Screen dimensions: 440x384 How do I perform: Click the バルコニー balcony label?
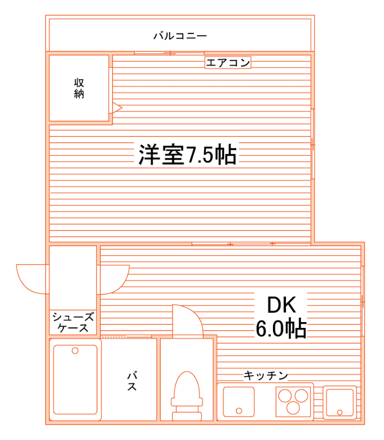180,36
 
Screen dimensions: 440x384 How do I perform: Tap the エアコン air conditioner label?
228,63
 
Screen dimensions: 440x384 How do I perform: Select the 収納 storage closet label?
79,89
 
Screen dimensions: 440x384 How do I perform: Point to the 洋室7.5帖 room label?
187,154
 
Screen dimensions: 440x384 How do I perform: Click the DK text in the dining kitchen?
282,305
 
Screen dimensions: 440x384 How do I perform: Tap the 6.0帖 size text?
281,328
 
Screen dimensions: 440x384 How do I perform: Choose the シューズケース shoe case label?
73,322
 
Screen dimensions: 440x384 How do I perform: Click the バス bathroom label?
132,381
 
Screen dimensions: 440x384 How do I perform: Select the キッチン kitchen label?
266,375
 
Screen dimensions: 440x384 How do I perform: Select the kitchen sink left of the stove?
239,401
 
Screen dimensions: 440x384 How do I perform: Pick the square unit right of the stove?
339,401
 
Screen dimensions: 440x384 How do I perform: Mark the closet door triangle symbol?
116,108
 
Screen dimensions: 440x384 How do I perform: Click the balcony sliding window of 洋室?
169,52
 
